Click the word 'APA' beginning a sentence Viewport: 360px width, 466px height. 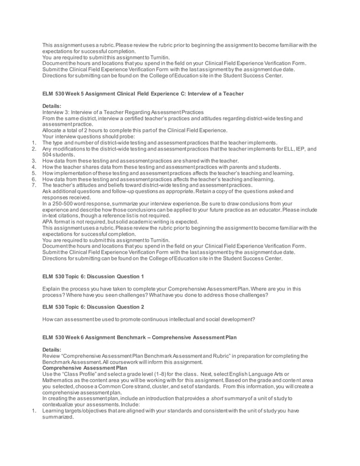[49, 222]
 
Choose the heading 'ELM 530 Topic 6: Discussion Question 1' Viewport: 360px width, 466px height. [93, 276]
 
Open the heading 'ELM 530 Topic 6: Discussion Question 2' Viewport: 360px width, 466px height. [93, 306]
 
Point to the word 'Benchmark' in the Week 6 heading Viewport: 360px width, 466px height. [146, 337]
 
